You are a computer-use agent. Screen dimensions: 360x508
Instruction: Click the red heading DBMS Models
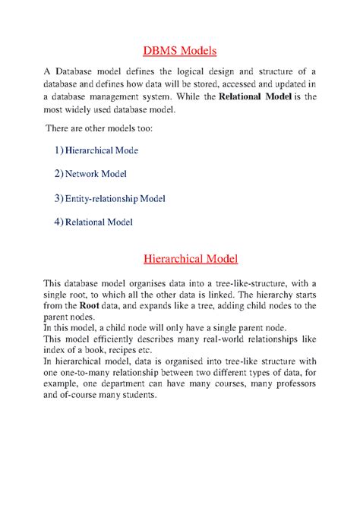(x=180, y=52)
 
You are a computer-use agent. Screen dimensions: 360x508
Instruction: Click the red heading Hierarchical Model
(x=180, y=260)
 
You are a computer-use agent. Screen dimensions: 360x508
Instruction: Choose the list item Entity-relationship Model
(x=115, y=198)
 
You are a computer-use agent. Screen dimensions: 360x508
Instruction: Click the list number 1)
(x=59, y=150)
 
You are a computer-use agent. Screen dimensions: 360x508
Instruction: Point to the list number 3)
(x=59, y=198)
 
